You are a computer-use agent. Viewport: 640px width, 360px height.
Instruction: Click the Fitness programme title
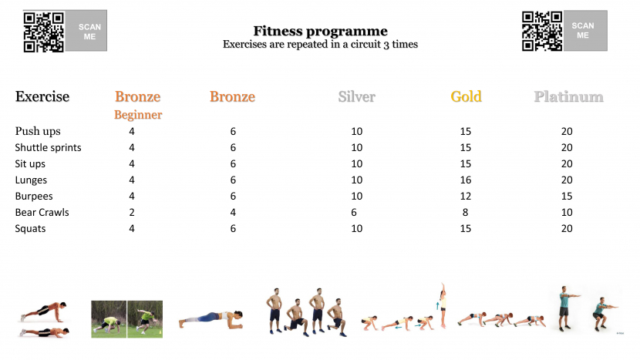321,31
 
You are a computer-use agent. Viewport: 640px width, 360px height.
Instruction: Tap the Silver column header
357,96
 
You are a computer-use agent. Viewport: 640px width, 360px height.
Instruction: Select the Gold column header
467,96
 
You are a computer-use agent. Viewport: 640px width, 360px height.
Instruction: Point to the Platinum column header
568,96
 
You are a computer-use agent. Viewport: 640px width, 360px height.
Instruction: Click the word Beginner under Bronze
138,115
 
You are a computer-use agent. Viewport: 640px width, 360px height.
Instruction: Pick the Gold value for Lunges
466,180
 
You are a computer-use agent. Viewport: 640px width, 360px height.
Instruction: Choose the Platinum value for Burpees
567,197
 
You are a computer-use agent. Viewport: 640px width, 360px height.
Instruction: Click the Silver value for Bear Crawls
354,212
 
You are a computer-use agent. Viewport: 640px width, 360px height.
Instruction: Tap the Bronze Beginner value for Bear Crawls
132,212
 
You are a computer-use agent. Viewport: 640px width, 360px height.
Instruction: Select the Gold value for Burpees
466,197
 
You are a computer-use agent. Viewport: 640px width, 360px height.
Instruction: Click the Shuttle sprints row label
48,148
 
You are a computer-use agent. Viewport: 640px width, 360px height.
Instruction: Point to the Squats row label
30,229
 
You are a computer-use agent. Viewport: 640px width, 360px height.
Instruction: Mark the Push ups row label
38,131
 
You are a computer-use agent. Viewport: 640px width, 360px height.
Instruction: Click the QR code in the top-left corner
44,32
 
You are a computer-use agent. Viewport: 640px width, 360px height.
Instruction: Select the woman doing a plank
211,319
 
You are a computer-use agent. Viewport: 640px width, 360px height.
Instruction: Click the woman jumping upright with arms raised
443,305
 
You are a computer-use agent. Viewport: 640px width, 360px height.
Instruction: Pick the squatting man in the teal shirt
603,314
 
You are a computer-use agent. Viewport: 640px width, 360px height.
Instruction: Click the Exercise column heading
42,96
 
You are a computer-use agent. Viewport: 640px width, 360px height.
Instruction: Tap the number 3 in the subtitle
386,45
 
